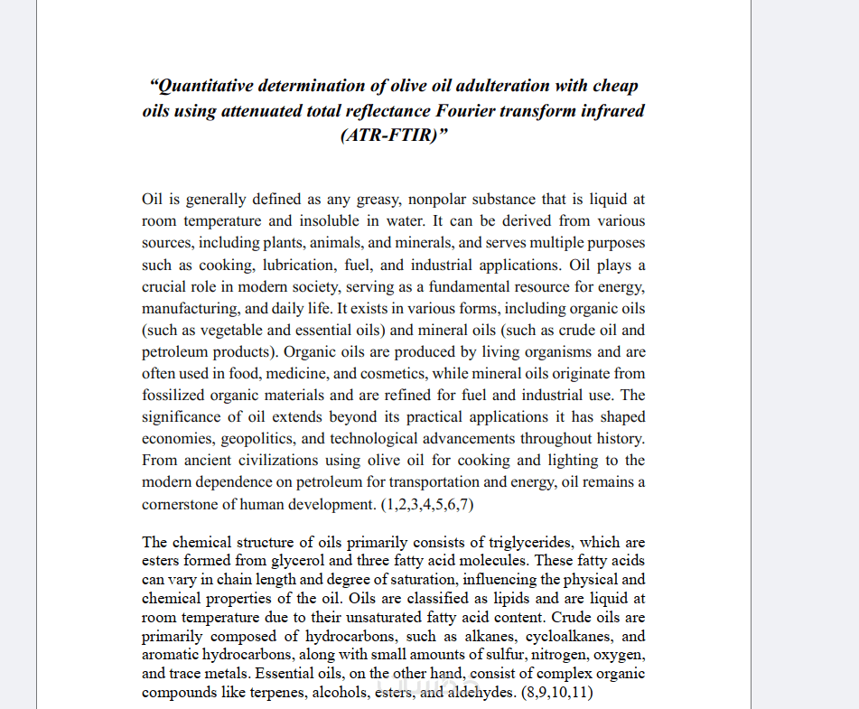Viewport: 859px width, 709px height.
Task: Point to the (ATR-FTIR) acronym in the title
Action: (x=394, y=136)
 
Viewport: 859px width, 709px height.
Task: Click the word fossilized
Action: (x=175, y=395)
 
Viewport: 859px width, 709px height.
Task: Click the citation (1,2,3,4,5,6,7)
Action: (x=426, y=504)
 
